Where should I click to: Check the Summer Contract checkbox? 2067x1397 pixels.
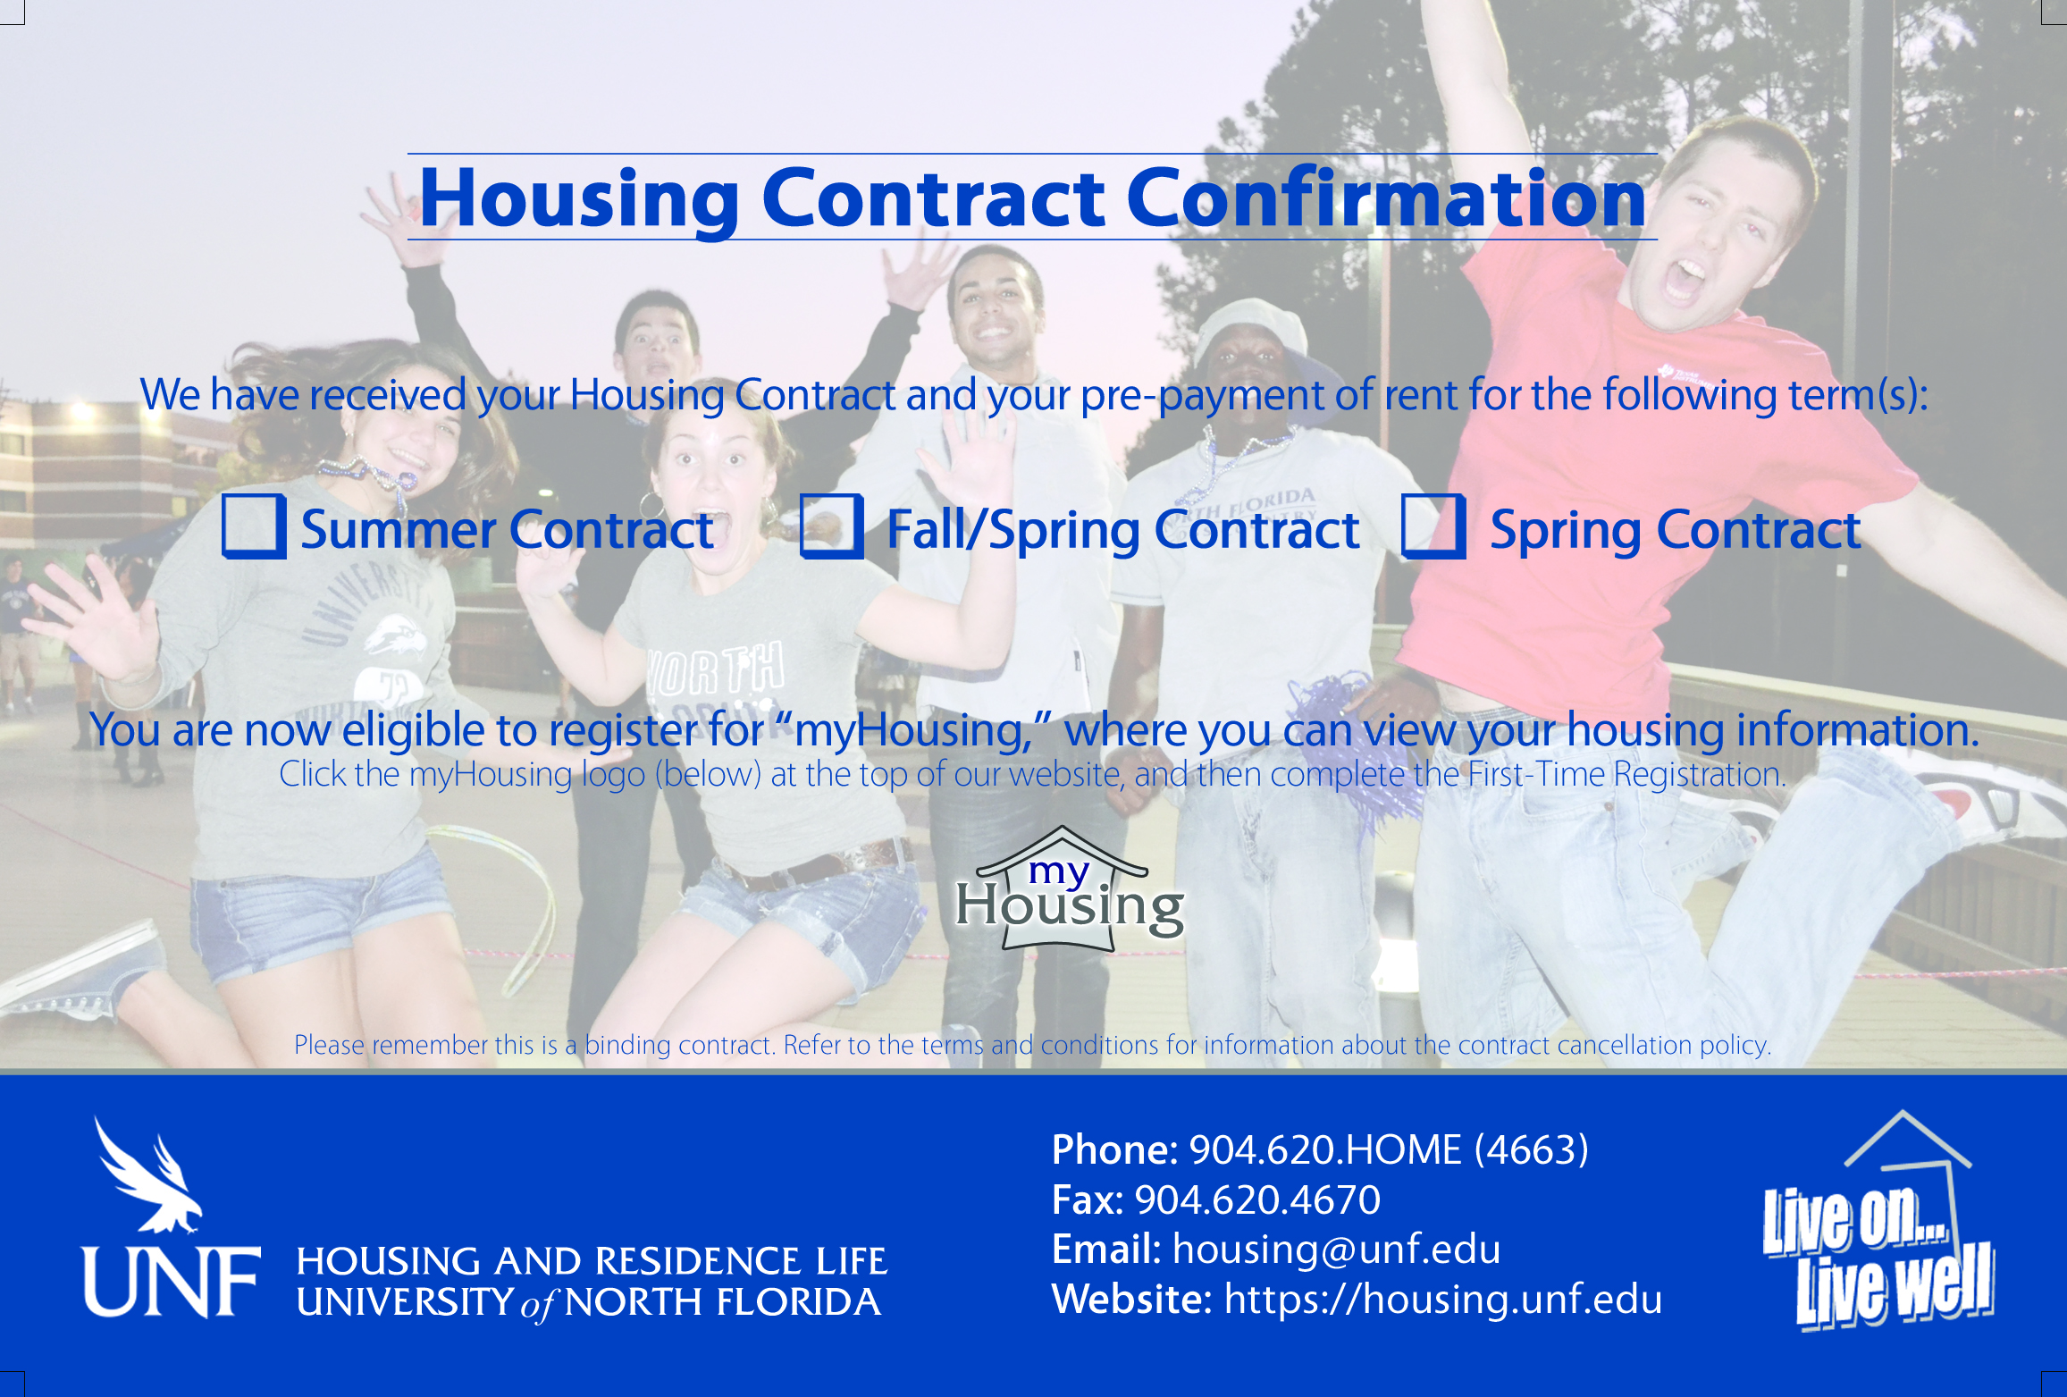(x=254, y=526)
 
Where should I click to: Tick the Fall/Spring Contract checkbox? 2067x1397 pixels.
(x=832, y=526)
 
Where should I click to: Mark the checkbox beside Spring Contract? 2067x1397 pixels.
(x=1433, y=526)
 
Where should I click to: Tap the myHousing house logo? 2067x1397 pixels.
(x=1070, y=888)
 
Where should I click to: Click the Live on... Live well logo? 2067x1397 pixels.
(x=1878, y=1221)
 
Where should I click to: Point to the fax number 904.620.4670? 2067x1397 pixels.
(x=1257, y=1199)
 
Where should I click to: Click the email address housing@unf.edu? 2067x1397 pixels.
(x=1336, y=1250)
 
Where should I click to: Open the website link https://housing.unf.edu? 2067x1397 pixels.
(x=1442, y=1299)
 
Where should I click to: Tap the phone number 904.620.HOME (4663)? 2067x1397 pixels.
(x=1389, y=1149)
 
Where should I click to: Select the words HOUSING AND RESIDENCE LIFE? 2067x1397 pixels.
(x=592, y=1261)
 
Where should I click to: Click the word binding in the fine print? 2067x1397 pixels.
(x=627, y=1045)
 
